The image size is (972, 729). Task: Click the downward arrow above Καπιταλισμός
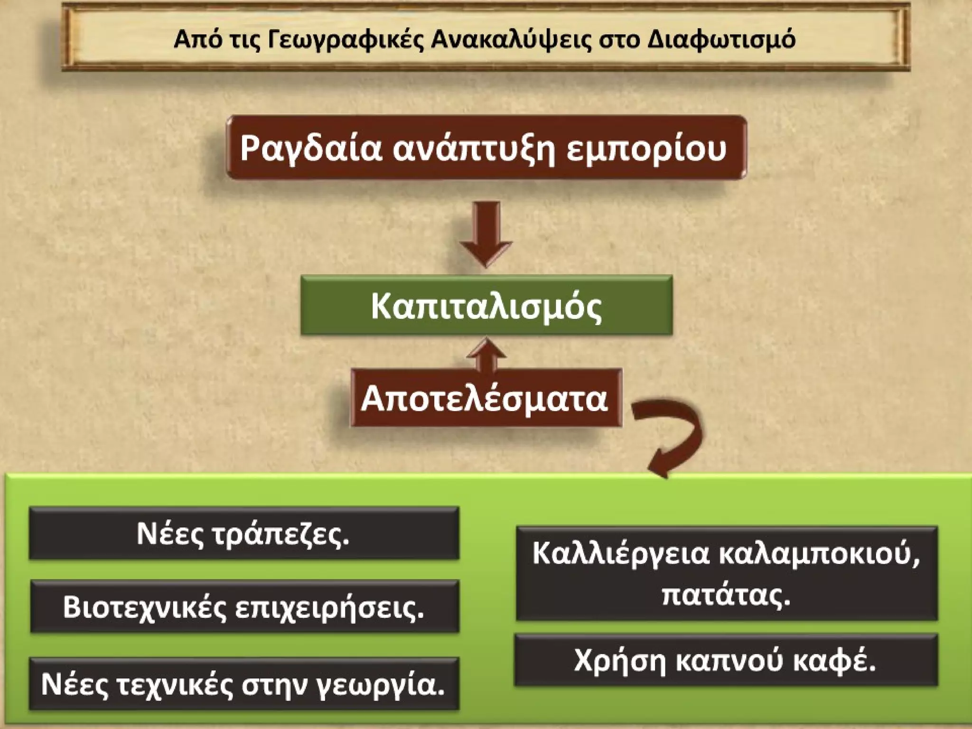pos(486,233)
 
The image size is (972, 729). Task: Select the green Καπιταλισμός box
pos(486,306)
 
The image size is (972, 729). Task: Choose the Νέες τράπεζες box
pos(243,533)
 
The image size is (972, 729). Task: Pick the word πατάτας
pos(726,594)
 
